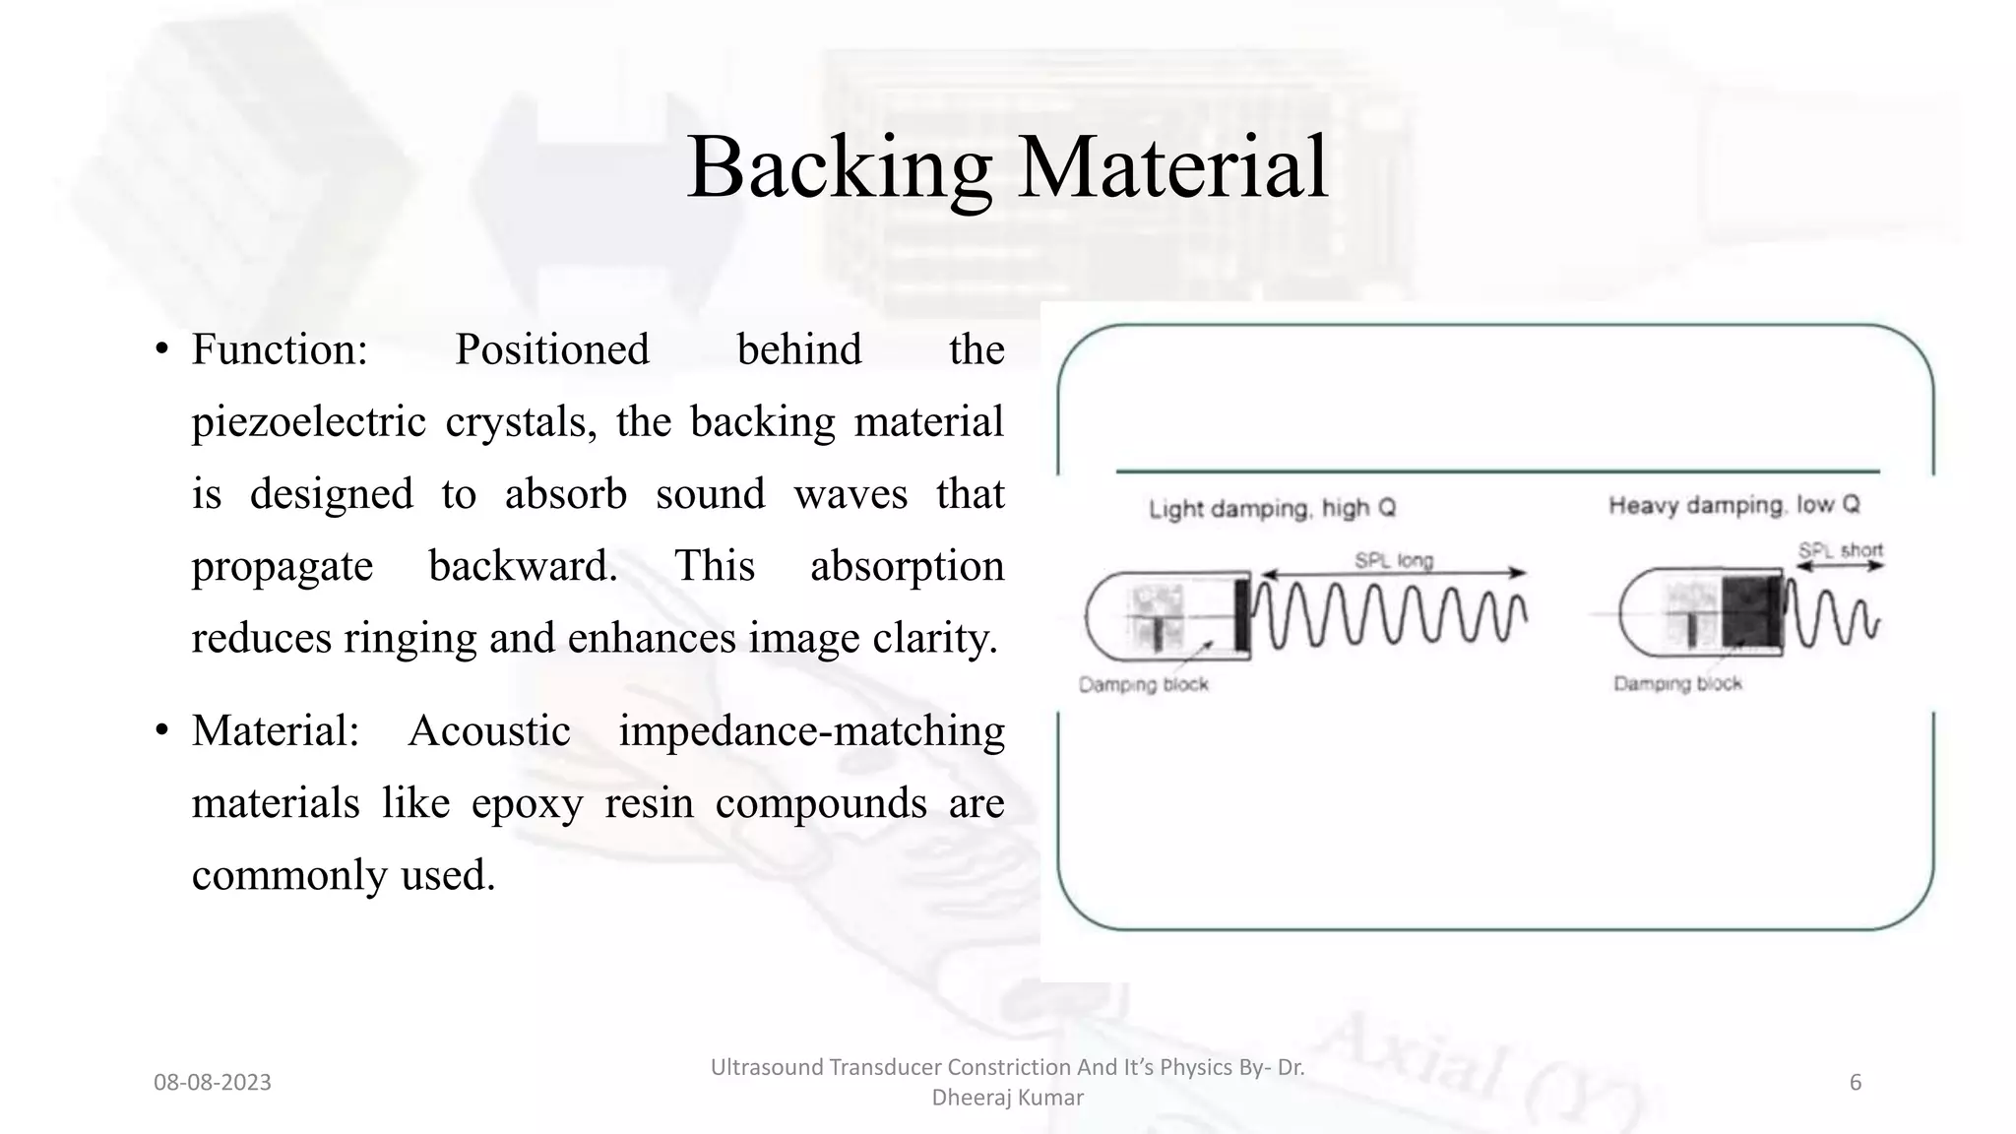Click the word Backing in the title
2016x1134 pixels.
(839, 167)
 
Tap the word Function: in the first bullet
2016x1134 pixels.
(280, 349)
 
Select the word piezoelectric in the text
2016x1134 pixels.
(308, 422)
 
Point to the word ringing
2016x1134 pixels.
(409, 638)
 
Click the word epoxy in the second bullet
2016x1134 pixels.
(527, 803)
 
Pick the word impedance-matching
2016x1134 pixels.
(811, 731)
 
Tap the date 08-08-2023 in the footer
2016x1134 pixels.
(213, 1083)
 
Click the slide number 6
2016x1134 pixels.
(1856, 1083)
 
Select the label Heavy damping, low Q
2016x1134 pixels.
(1733, 506)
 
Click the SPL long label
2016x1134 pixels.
(1394, 560)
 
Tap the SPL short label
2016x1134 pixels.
(1840, 550)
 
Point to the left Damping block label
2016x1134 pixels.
(1143, 685)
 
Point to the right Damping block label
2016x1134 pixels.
(1677, 683)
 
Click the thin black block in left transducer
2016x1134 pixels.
(1242, 614)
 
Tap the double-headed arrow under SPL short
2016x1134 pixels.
(1840, 567)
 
